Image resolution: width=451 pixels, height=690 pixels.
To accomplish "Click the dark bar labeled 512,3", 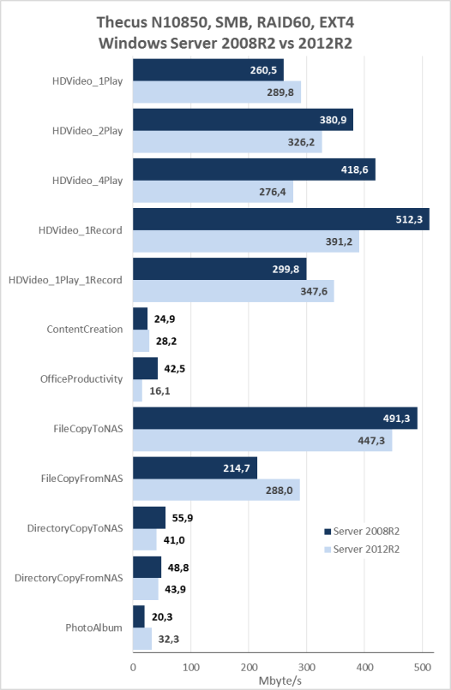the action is [281, 219].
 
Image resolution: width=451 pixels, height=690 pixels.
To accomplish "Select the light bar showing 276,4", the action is [213, 192].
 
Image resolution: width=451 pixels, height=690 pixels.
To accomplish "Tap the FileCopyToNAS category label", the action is [88, 429].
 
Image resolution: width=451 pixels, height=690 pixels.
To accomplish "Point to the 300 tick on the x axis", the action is [306, 667].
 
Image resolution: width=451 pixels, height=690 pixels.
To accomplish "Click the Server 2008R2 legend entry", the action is [362, 531].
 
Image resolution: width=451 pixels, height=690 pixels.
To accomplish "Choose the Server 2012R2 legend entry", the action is [362, 550].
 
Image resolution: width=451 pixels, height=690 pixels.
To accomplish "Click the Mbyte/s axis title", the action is [280, 681].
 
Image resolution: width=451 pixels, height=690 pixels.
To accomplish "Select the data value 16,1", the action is [159, 390].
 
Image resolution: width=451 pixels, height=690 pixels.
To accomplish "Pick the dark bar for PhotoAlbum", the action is [139, 616].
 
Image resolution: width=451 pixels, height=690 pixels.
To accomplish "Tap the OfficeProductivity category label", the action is [81, 379].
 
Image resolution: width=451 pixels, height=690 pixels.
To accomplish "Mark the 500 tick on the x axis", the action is [423, 667].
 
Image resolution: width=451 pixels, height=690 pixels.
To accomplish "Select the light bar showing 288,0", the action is [216, 490].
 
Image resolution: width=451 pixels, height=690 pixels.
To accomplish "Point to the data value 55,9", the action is [183, 518].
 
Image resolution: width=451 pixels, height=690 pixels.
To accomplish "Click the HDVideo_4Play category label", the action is [87, 181].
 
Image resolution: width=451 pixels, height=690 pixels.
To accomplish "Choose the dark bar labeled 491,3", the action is [275, 418].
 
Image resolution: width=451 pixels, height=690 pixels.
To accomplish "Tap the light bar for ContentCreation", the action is [141, 341].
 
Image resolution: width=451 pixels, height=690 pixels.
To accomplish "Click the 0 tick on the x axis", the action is [133, 667].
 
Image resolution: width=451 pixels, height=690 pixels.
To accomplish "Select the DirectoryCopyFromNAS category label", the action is [69, 578].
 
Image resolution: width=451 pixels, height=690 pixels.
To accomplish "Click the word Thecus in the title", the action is [122, 23].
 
